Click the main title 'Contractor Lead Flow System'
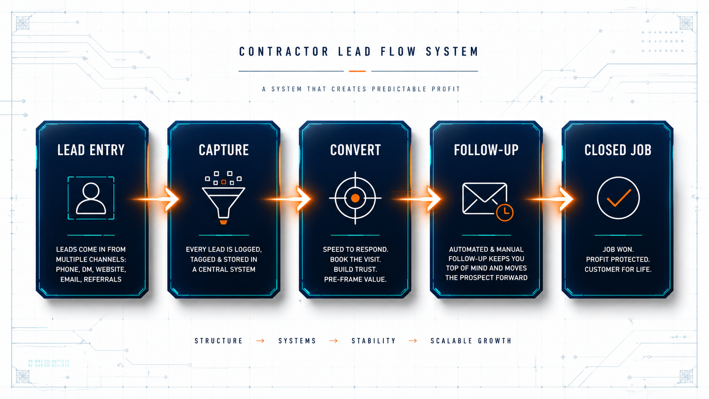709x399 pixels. (359, 52)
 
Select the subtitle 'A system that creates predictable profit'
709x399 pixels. (361, 89)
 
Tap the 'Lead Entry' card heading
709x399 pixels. (91, 150)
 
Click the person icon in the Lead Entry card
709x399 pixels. (91, 198)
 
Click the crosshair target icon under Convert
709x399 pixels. (355, 198)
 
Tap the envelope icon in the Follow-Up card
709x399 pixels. (484, 198)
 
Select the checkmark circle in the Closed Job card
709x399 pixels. (618, 198)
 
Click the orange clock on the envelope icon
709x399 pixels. (505, 212)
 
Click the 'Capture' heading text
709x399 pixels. (223, 150)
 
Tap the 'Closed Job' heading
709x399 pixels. (618, 150)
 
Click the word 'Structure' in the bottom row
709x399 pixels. (219, 341)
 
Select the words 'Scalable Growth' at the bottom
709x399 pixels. (471, 341)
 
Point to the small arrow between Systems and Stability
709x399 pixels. (334, 341)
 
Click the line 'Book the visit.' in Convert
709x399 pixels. (355, 259)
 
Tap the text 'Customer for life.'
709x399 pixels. (618, 269)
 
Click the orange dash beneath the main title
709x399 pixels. (357, 71)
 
